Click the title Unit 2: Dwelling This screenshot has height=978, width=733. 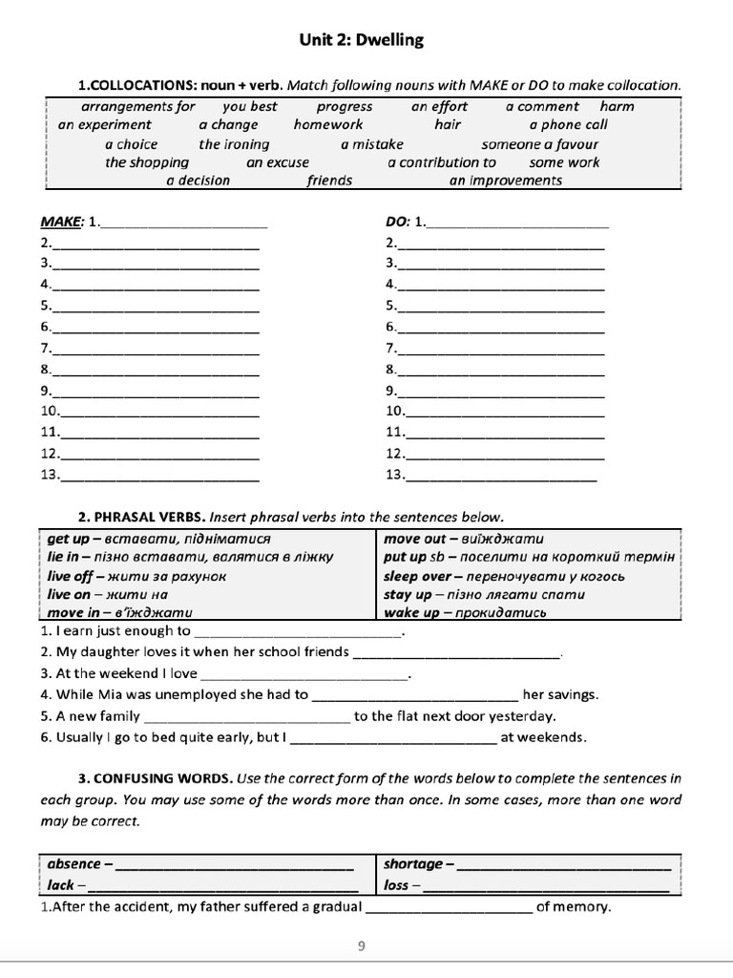tap(362, 40)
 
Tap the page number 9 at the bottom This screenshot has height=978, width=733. tap(361, 946)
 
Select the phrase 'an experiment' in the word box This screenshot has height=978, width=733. tap(105, 124)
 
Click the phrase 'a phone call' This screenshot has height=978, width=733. tap(568, 124)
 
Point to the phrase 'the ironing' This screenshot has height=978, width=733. tap(234, 144)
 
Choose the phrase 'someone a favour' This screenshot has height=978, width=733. tap(540, 144)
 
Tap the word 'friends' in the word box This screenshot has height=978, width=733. tap(329, 181)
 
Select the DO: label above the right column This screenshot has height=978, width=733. tap(398, 222)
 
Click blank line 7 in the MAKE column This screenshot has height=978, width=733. tap(157, 349)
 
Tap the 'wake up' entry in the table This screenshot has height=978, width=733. tap(408, 612)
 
